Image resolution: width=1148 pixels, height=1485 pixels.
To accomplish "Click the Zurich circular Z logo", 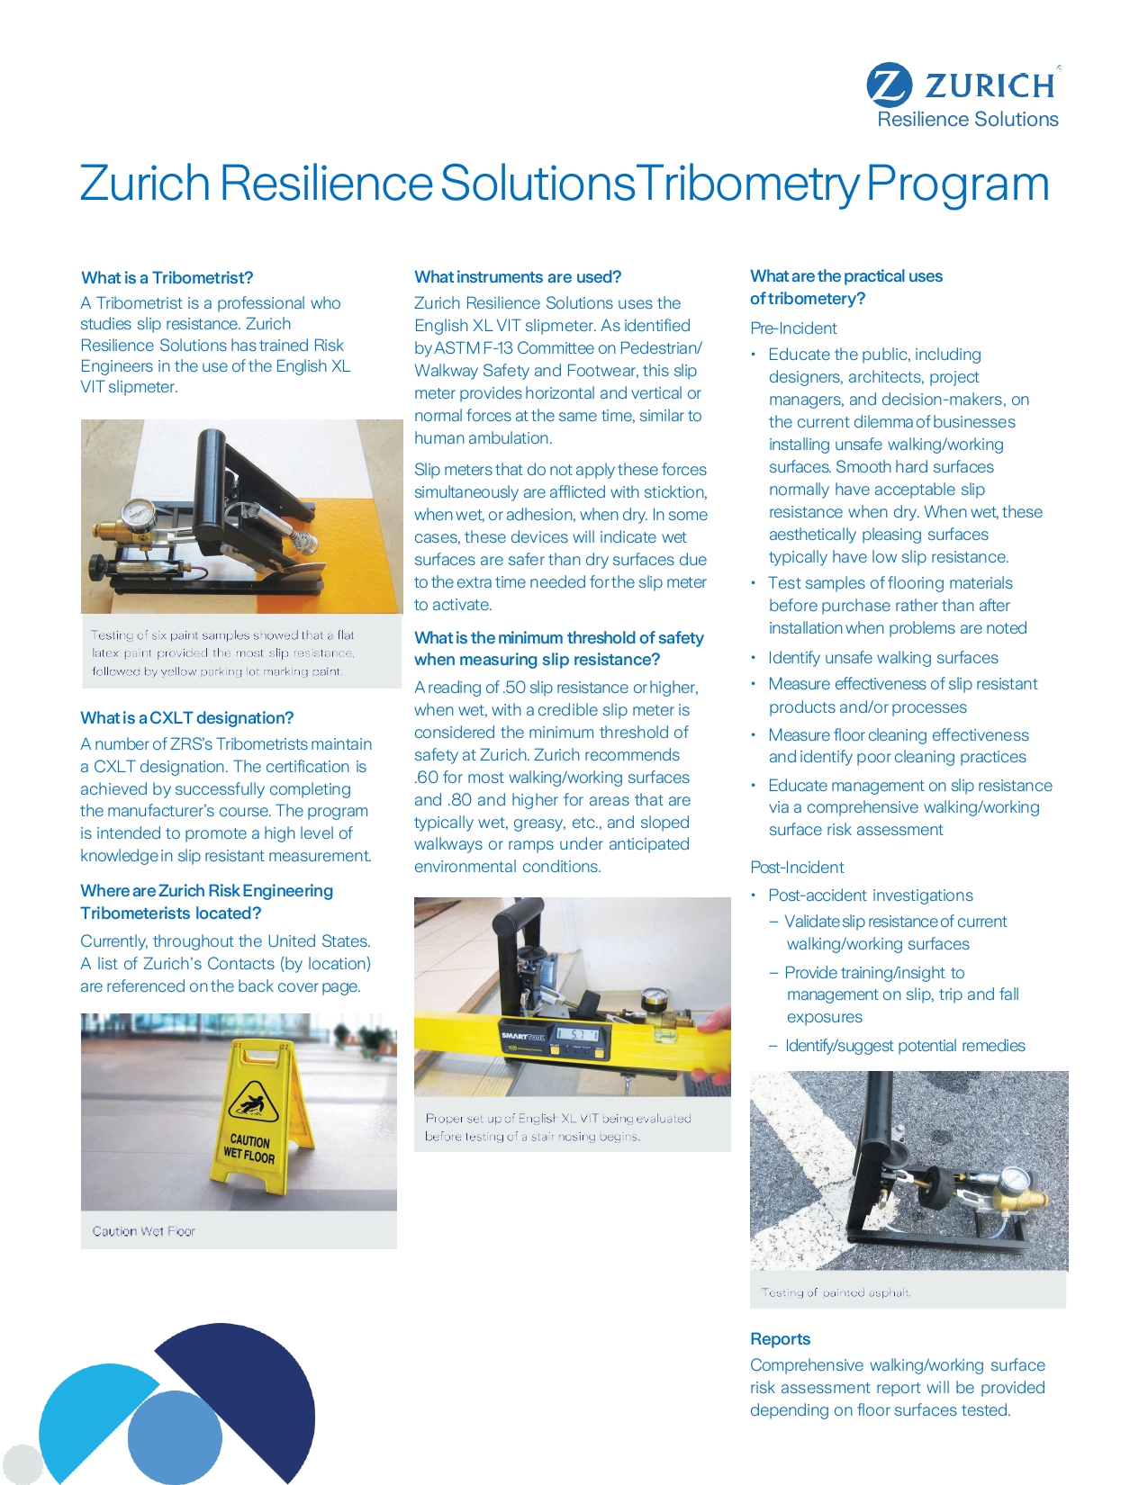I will tap(889, 85).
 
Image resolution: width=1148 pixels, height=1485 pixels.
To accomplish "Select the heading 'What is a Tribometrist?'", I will tap(167, 277).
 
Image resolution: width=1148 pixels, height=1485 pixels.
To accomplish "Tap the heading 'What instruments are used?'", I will tap(518, 276).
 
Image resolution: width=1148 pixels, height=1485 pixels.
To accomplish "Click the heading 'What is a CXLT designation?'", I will tap(186, 717).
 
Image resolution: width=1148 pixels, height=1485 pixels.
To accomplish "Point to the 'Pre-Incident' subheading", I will tap(793, 328).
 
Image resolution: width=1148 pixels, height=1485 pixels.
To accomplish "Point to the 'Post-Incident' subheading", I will tap(797, 868).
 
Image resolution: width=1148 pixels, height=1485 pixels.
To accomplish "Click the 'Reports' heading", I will tap(780, 1338).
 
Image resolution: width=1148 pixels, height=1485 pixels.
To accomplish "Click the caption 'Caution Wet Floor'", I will tap(143, 1231).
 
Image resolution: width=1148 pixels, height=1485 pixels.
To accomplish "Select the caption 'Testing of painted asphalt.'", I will tap(836, 1292).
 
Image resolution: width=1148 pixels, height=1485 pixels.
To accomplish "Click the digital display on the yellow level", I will tap(575, 1035).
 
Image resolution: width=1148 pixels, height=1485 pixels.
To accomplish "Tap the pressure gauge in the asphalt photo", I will tap(1015, 1180).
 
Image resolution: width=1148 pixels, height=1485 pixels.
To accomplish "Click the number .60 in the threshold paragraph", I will tap(426, 778).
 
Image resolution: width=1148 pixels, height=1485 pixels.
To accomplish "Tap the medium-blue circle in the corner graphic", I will tap(175, 1437).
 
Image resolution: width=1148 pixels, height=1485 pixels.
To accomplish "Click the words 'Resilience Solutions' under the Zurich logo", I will tap(968, 120).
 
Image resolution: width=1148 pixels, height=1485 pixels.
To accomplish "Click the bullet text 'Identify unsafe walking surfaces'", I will tap(882, 658).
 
